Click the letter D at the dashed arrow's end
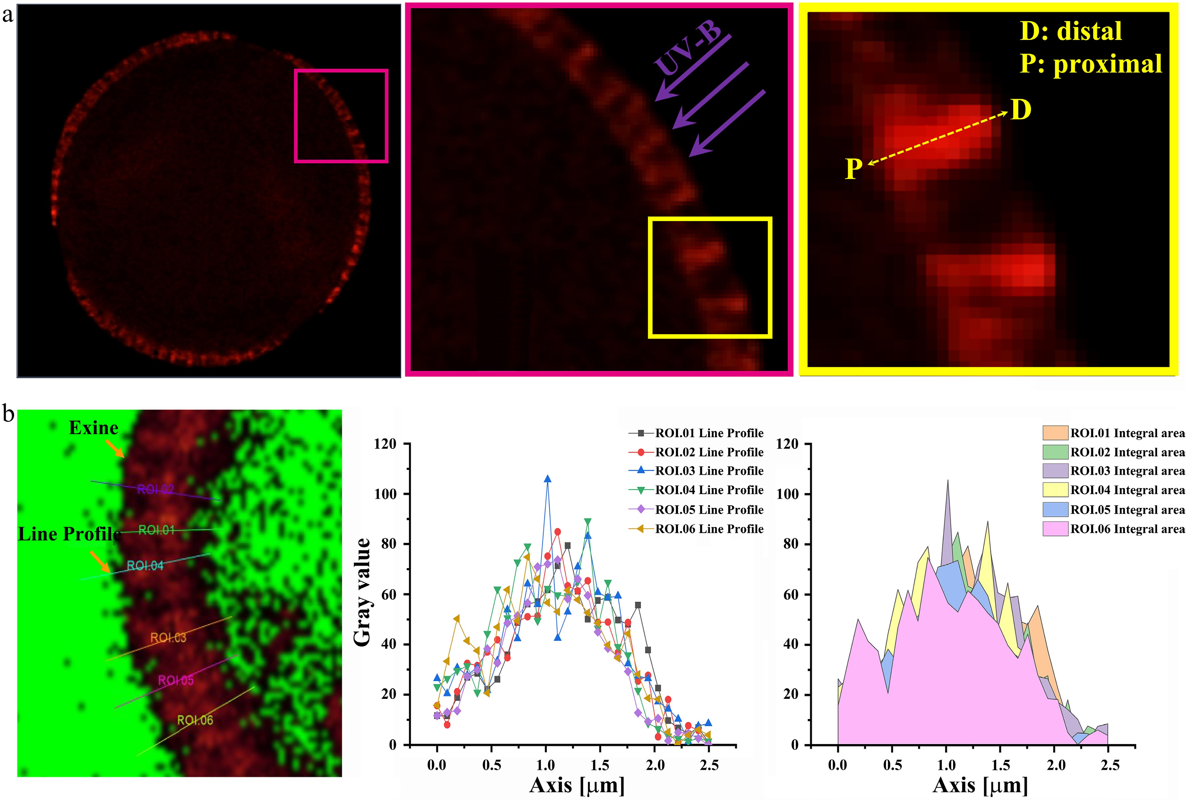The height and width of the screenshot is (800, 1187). pos(1021,110)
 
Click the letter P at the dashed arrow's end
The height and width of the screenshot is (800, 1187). pos(854,169)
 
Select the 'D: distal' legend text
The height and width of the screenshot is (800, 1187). pos(1071,32)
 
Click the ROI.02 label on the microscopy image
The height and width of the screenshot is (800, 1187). pos(155,490)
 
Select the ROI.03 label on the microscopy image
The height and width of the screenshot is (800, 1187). pos(168,638)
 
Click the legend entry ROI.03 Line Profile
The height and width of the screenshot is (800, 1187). pos(709,471)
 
